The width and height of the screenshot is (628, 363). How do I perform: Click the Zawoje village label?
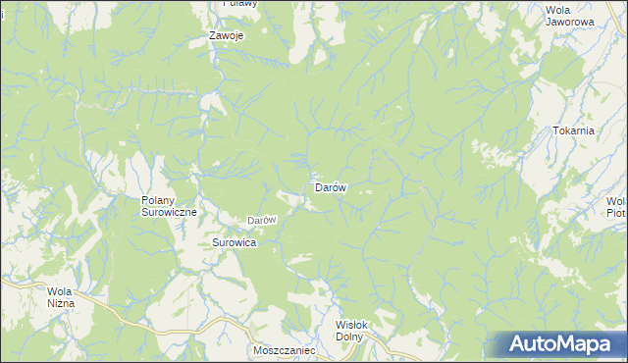coord(226,35)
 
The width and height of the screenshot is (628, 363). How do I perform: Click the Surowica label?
coord(235,241)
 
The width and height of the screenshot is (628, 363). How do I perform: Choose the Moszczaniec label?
coord(283,349)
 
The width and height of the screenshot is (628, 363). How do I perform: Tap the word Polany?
coord(150,200)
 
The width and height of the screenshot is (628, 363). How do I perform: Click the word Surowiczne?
coord(170,212)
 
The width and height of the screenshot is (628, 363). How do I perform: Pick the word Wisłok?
coord(350,326)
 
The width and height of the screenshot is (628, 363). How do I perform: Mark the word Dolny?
coord(349,337)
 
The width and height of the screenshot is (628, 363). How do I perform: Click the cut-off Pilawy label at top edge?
coord(239,3)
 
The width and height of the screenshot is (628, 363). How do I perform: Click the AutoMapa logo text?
coord(570,344)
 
